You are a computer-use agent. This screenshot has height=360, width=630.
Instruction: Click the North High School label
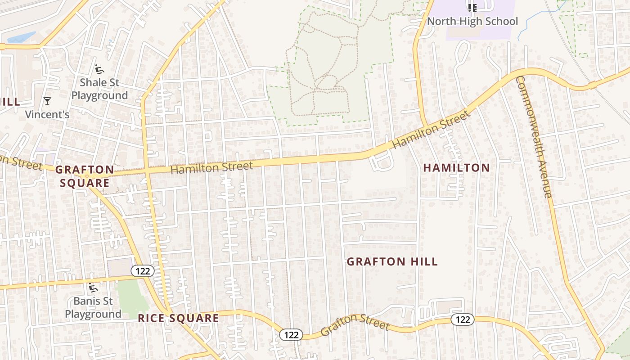472,21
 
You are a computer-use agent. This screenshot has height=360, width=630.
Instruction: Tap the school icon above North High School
472,8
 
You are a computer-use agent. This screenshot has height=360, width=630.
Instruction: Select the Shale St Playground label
99,89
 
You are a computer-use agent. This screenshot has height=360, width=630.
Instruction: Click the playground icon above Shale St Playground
99,69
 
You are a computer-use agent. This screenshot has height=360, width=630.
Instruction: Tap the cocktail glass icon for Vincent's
47,101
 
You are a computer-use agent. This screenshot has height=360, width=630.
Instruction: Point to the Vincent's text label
47,114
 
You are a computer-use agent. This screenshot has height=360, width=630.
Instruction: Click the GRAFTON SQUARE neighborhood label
85,176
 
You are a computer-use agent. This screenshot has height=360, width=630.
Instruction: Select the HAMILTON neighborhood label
456,168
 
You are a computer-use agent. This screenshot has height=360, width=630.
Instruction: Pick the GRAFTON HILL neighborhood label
392,261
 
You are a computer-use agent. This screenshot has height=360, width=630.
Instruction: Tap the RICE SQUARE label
178,318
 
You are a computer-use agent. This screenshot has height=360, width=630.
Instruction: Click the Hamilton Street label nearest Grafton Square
211,168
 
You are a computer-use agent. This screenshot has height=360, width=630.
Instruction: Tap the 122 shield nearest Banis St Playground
143,271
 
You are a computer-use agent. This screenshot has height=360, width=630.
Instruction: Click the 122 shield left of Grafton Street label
291,334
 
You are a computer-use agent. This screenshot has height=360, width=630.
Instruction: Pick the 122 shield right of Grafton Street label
462,319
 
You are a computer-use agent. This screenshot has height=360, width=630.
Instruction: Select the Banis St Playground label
93,307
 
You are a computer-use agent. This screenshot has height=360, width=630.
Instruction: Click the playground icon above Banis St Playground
93,288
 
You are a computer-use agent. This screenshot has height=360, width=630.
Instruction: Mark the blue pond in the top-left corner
21,38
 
